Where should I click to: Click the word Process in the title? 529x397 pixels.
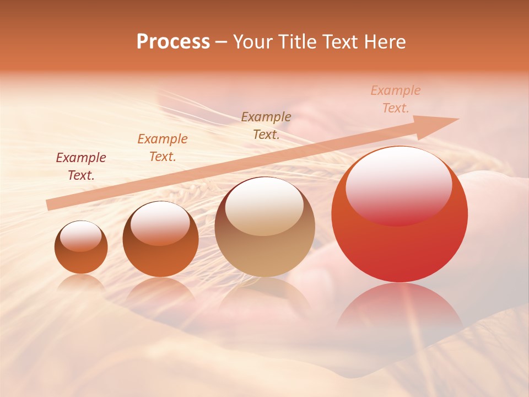173,42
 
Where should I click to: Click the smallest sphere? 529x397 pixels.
81,248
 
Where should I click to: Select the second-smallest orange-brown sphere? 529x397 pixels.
160,239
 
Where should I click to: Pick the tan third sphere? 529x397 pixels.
264,227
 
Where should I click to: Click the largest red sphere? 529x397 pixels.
400,214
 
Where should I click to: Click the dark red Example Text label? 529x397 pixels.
81,167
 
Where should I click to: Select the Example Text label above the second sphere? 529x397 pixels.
163,148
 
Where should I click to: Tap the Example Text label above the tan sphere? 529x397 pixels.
266,125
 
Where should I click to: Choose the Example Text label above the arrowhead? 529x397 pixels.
396,99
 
